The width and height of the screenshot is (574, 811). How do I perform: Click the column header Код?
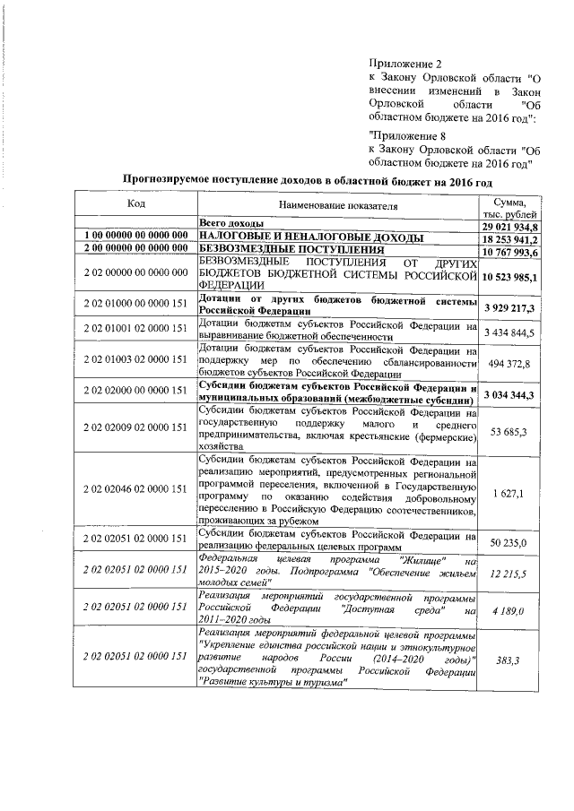point(135,204)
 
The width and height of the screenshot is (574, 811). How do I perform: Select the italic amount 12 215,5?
point(509,570)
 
